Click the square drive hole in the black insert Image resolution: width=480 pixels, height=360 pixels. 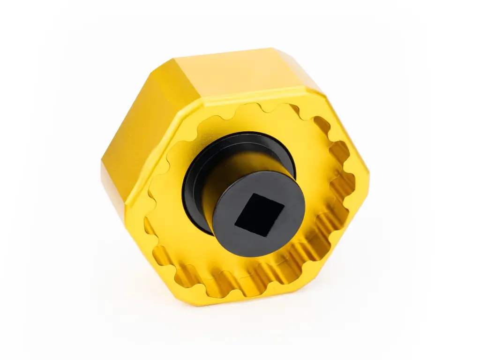coord(259,214)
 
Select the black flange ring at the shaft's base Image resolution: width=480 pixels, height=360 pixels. coord(195,187)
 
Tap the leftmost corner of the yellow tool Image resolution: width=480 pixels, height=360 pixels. coord(102,164)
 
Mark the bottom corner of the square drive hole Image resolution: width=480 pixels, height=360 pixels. coord(267,236)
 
